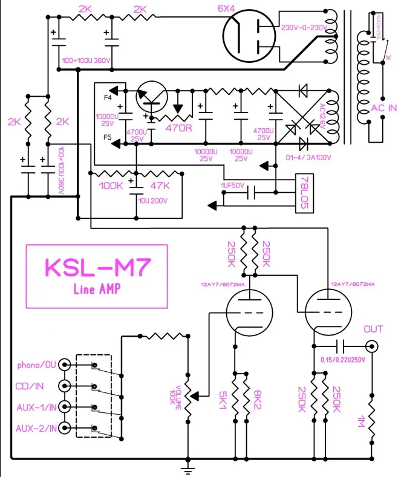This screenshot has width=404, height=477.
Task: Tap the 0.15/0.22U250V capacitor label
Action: click(x=342, y=360)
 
